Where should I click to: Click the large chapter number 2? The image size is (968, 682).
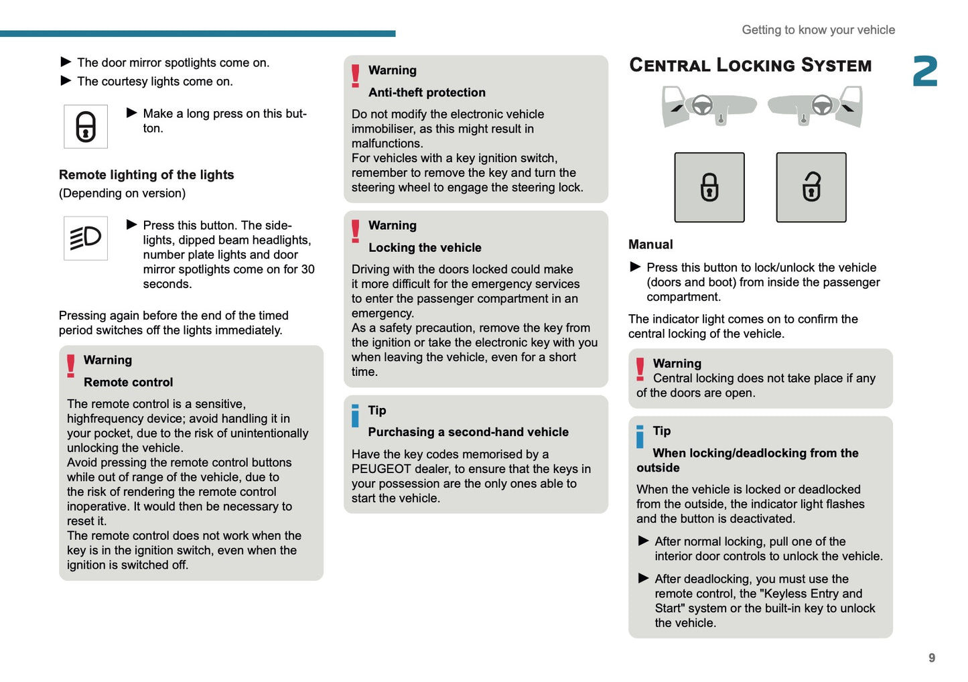tap(924, 72)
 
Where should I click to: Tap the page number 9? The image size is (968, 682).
tap(931, 658)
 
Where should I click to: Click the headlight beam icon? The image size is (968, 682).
tap(86, 238)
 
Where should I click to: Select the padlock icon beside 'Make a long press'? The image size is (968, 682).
tap(86, 127)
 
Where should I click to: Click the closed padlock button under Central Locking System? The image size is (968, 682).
tap(709, 188)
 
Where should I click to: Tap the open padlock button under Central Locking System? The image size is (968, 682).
tap(811, 188)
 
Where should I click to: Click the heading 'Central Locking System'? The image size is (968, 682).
tap(750, 65)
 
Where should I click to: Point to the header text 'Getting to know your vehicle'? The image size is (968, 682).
tap(818, 30)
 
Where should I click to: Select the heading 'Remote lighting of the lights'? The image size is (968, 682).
tap(147, 175)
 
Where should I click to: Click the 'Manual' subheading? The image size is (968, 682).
tap(650, 245)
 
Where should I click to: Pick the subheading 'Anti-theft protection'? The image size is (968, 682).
tap(427, 92)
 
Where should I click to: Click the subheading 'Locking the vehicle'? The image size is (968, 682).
tap(425, 248)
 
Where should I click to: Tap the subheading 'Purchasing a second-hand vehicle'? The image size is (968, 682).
tap(468, 432)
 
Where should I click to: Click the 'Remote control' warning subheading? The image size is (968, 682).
tap(128, 383)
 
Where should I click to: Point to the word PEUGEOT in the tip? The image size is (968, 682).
tap(381, 469)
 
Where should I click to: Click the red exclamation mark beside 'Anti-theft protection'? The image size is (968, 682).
tap(356, 76)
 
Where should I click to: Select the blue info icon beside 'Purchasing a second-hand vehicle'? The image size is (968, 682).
tap(356, 415)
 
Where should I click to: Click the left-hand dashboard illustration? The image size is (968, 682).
tap(708, 107)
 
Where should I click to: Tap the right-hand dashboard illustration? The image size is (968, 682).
tap(815, 107)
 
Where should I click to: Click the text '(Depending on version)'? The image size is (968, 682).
tap(122, 194)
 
